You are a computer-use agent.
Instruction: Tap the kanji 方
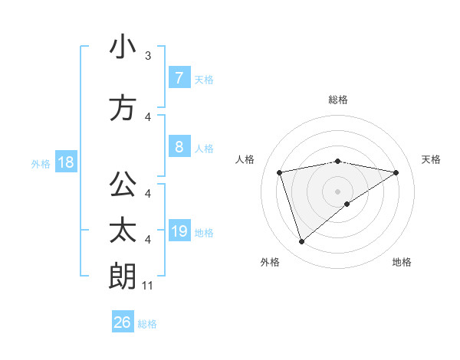point(123,108)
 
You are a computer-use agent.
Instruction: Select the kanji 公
point(123,184)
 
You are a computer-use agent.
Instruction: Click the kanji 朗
point(123,275)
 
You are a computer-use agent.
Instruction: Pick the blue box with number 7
point(179,77)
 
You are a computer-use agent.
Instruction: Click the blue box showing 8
point(179,147)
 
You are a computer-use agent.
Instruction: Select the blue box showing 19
point(179,231)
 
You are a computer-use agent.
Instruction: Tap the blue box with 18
point(65,162)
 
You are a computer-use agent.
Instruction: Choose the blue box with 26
point(123,322)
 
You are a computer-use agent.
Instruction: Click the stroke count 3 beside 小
point(148,56)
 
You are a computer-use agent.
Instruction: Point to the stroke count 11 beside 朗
point(148,286)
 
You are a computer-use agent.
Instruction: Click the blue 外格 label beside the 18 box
point(41,163)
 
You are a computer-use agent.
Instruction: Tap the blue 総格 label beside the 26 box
point(147,324)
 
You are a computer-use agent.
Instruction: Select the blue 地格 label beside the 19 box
point(204,232)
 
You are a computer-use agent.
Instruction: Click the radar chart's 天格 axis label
point(431,159)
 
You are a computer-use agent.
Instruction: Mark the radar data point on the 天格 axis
point(396,172)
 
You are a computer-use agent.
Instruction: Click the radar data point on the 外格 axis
point(301,242)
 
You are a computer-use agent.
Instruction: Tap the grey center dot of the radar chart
point(337,191)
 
